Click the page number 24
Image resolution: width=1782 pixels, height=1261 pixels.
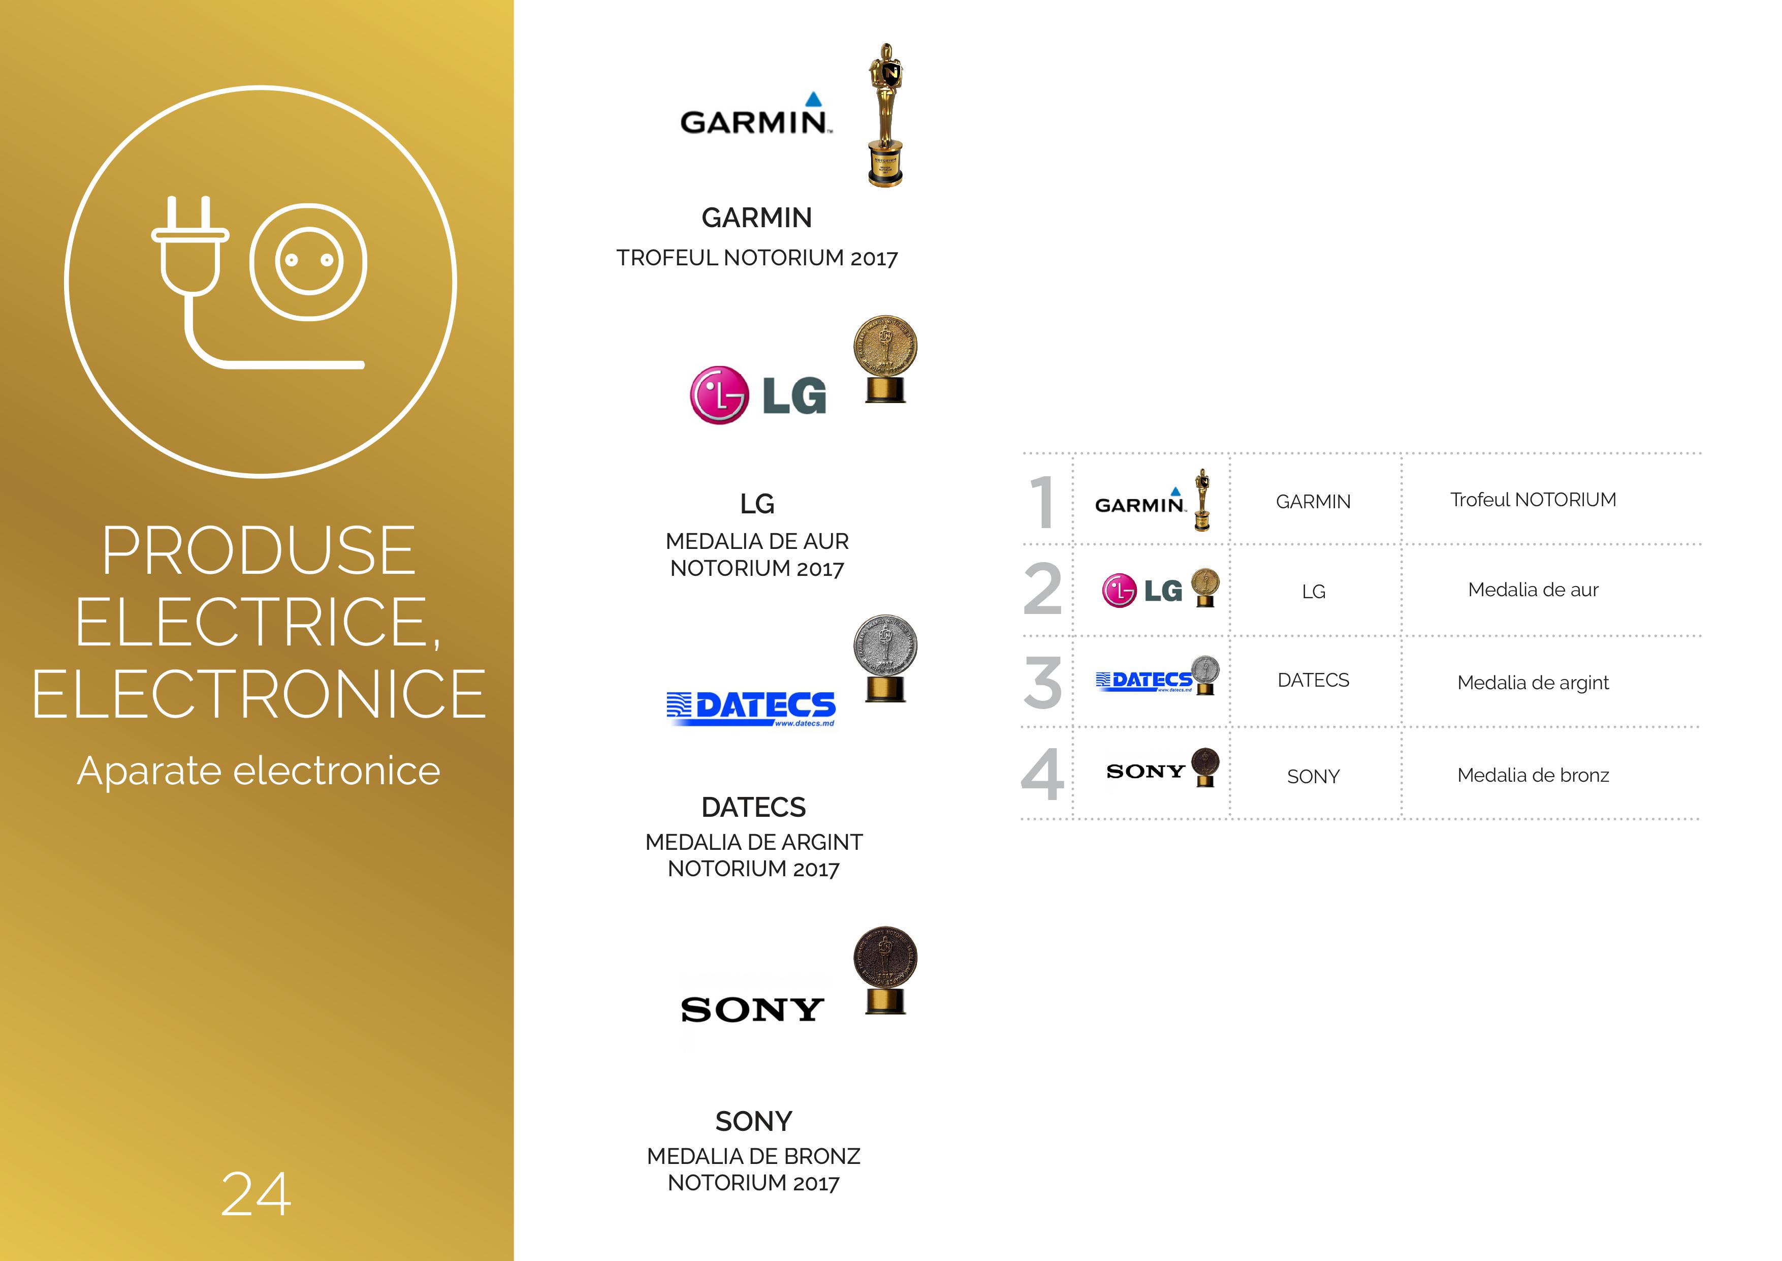(x=256, y=1194)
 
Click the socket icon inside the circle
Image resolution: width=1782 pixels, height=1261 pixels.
(x=308, y=262)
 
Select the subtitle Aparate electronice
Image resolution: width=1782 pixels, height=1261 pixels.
(x=259, y=771)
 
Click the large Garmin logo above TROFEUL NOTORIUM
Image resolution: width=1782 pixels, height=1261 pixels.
(x=756, y=114)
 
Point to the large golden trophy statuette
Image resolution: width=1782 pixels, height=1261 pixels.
(x=885, y=115)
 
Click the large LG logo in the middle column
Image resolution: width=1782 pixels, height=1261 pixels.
(x=758, y=395)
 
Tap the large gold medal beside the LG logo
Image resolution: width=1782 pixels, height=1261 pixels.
(x=885, y=359)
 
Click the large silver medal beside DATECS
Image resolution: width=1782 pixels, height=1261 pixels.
(x=885, y=658)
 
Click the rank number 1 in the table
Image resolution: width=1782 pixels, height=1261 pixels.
(x=1043, y=502)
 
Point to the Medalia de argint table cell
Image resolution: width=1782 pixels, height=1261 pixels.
(x=1533, y=683)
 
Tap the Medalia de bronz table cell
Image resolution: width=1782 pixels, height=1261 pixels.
(x=1533, y=775)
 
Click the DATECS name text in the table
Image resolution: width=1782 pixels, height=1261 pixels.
(x=1313, y=680)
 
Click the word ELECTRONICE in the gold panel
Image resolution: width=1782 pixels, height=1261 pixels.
(x=259, y=694)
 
